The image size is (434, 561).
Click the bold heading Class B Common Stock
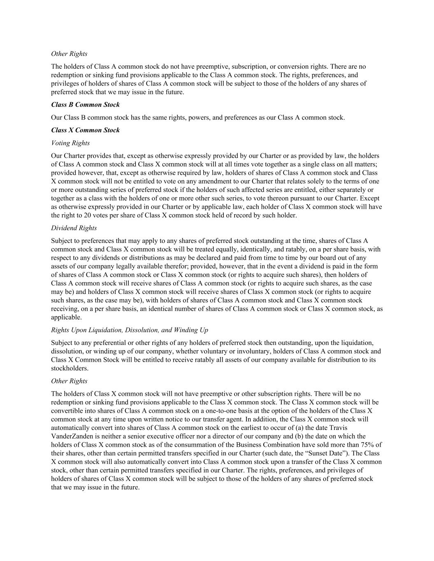(85, 104)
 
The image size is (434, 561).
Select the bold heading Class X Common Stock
(85, 130)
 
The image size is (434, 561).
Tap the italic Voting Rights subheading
(70, 143)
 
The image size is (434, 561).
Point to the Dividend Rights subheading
(74, 228)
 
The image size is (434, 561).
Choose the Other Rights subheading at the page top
(69, 53)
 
